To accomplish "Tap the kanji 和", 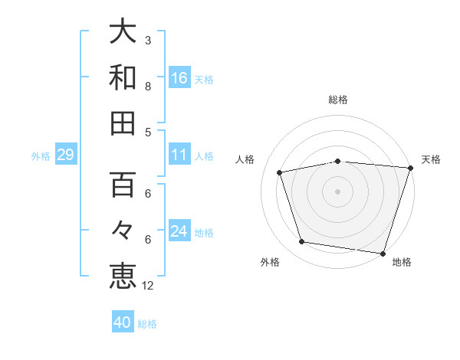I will click(x=123, y=77).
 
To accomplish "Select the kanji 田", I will click(x=123, y=123).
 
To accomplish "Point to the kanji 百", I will click(x=123, y=185).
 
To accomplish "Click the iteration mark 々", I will click(x=123, y=231).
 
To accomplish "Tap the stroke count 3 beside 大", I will click(x=147, y=40).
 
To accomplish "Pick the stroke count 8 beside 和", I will click(x=147, y=86).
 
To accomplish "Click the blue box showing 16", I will click(x=179, y=78).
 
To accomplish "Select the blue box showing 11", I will click(x=179, y=155).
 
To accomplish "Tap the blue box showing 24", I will click(x=179, y=232).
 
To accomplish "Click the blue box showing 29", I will click(x=65, y=155).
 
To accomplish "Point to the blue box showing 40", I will click(x=123, y=322).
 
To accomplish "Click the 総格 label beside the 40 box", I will click(x=147, y=324).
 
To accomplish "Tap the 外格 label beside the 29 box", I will click(x=41, y=156).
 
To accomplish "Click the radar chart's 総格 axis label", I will click(x=338, y=100).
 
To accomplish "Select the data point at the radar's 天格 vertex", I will click(x=410, y=168).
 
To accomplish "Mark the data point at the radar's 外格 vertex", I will click(x=302, y=242).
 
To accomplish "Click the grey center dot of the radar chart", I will click(x=338, y=191).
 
